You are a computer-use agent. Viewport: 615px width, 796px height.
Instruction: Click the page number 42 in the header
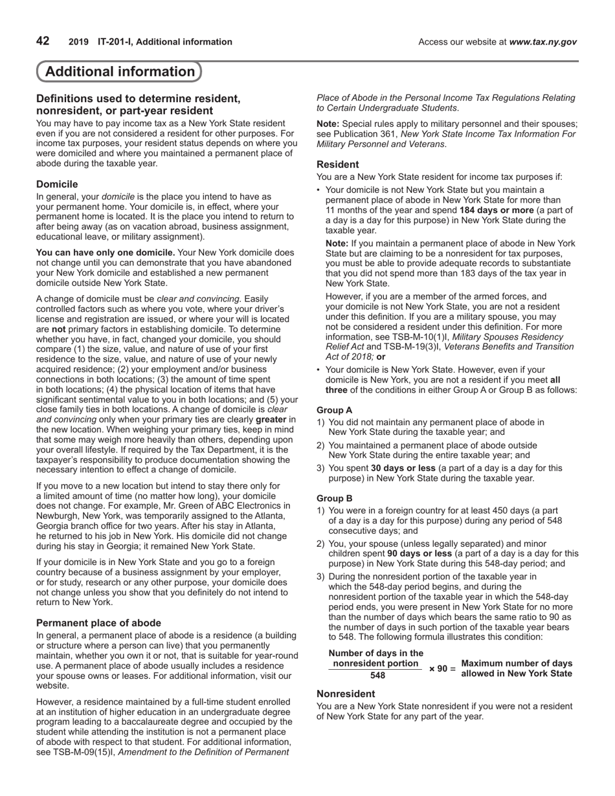(x=43, y=41)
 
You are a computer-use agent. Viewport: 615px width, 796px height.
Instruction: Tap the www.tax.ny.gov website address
(x=542, y=42)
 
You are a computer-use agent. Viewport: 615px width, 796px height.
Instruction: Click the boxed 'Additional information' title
(x=120, y=72)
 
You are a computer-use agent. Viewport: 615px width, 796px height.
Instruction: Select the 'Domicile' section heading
(x=57, y=184)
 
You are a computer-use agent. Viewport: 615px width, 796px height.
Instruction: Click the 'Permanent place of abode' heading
(x=98, y=623)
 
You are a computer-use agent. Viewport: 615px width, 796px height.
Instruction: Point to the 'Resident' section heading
(x=337, y=164)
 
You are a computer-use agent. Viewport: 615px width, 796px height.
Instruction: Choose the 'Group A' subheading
(x=334, y=410)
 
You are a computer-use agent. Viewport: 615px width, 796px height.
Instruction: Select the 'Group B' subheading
(x=334, y=498)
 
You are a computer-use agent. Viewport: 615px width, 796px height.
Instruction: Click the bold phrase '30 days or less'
(x=403, y=468)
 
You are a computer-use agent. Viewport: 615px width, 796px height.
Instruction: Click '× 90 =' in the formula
(x=442, y=669)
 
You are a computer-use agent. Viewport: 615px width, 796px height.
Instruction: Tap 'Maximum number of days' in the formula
(x=517, y=663)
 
